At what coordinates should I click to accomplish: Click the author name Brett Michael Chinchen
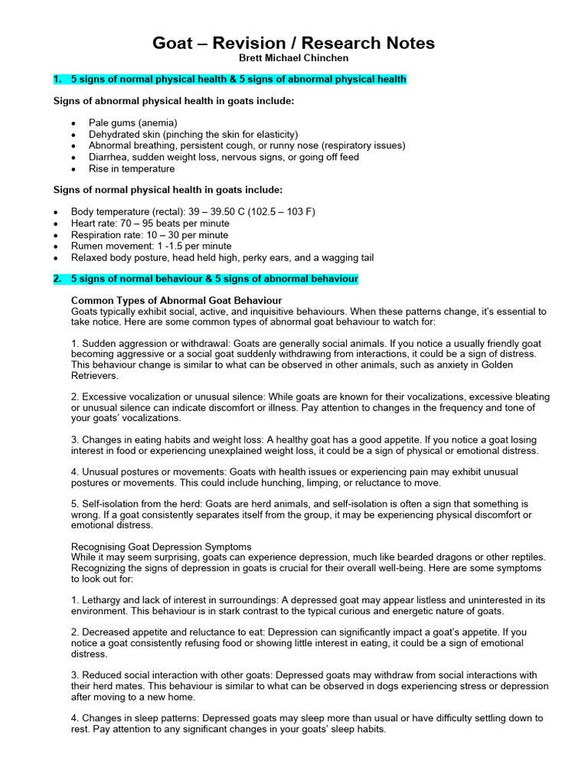tap(293, 58)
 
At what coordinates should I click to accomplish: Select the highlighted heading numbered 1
tap(230, 79)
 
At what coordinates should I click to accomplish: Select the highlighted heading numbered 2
tap(205, 279)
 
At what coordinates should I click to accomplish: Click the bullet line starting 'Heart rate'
tap(150, 224)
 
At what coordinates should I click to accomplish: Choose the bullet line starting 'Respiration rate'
tap(149, 235)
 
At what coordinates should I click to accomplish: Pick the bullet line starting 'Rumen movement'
tap(151, 247)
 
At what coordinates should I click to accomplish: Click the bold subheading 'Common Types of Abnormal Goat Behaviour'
tap(176, 300)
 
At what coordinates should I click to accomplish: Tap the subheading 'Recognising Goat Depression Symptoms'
tap(161, 547)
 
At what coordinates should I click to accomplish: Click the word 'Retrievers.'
tap(96, 376)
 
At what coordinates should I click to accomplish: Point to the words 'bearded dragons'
tap(449, 557)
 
